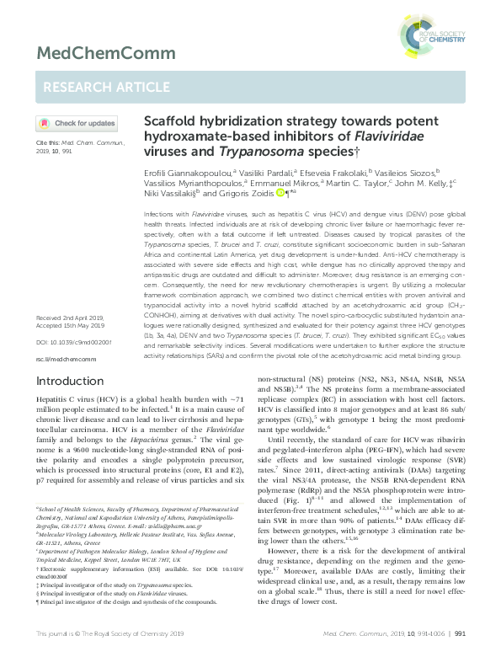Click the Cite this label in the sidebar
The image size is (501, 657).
[x=47, y=144]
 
